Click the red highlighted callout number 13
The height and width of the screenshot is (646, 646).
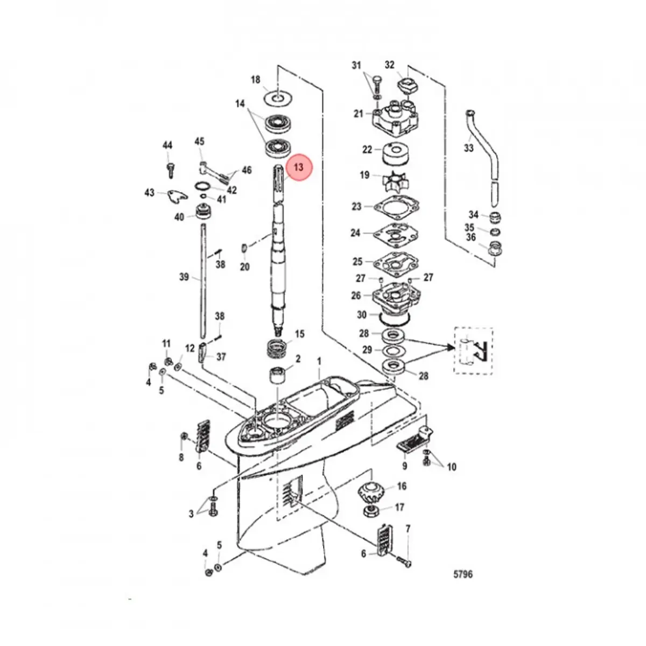(x=298, y=167)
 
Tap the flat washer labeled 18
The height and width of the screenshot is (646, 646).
(x=277, y=99)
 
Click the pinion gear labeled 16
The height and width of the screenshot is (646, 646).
(x=371, y=491)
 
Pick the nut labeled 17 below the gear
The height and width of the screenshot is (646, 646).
(x=373, y=509)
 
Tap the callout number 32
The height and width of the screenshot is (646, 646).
(x=390, y=65)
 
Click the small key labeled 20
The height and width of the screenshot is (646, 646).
(x=244, y=248)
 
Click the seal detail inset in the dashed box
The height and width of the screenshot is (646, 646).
(x=474, y=351)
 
